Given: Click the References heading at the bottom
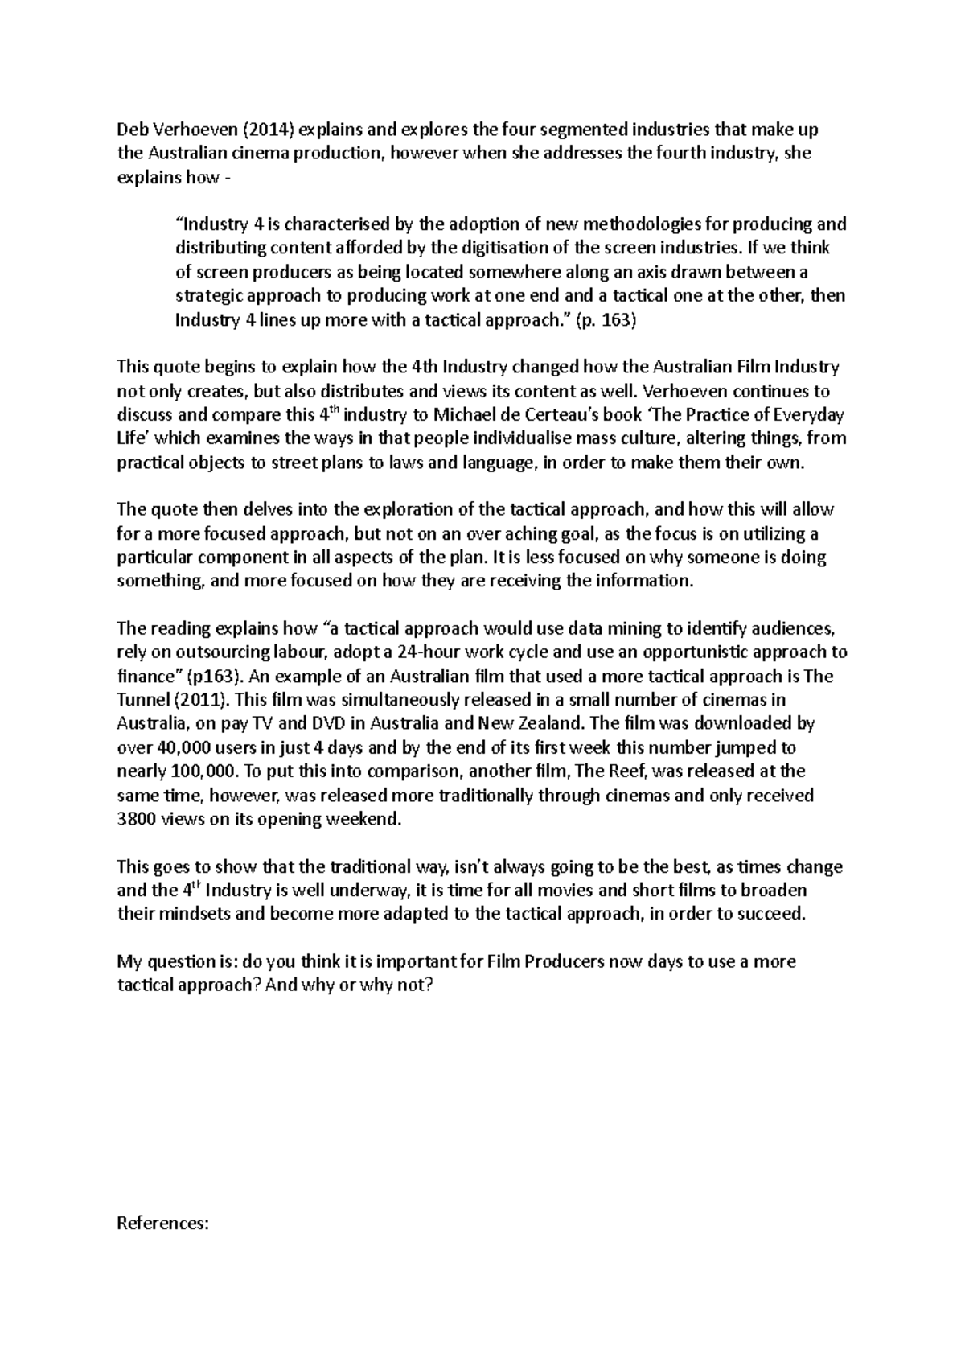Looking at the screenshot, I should click(163, 1224).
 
